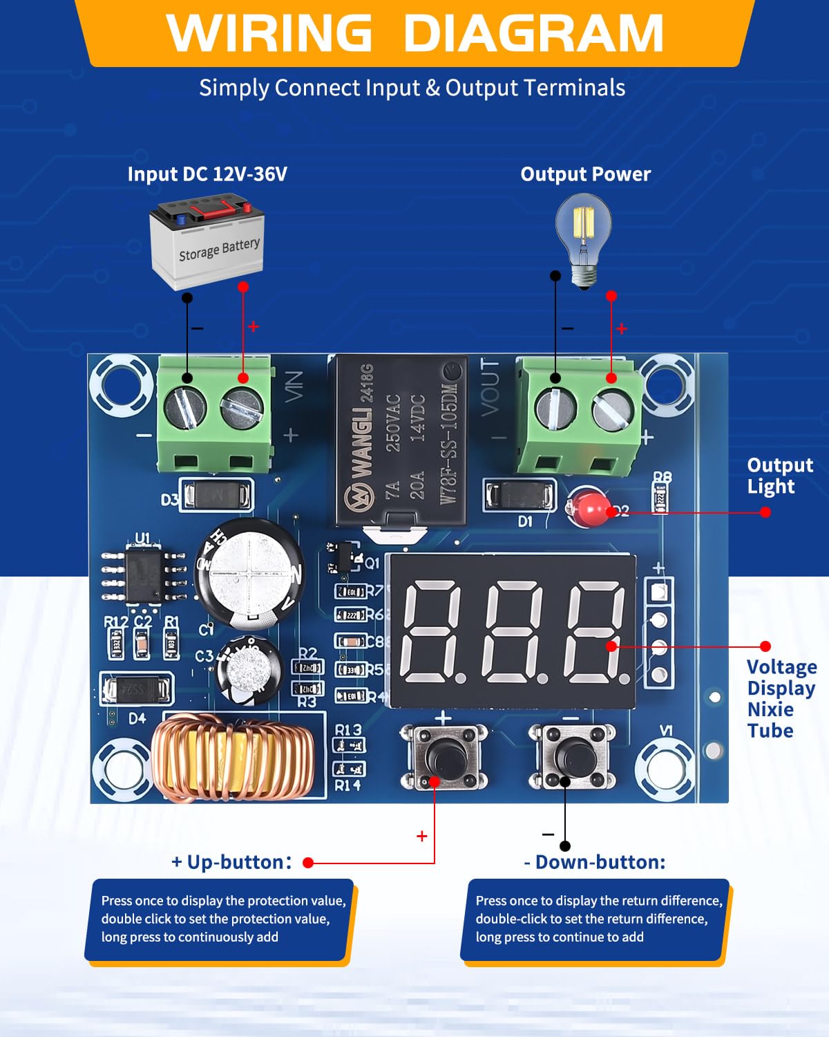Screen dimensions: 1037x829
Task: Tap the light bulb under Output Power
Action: (x=584, y=239)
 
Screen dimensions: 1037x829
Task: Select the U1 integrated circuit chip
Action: (x=144, y=574)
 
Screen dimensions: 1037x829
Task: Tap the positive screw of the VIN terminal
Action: (x=242, y=407)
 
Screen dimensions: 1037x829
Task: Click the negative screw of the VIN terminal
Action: (x=187, y=407)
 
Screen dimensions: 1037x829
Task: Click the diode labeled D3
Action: (x=216, y=495)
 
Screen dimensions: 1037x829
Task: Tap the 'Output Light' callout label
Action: (x=780, y=476)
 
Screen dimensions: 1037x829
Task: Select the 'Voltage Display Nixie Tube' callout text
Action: (x=781, y=698)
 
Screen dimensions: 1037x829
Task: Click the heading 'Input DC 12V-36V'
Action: (x=207, y=174)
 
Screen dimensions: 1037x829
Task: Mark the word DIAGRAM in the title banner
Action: (x=533, y=32)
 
